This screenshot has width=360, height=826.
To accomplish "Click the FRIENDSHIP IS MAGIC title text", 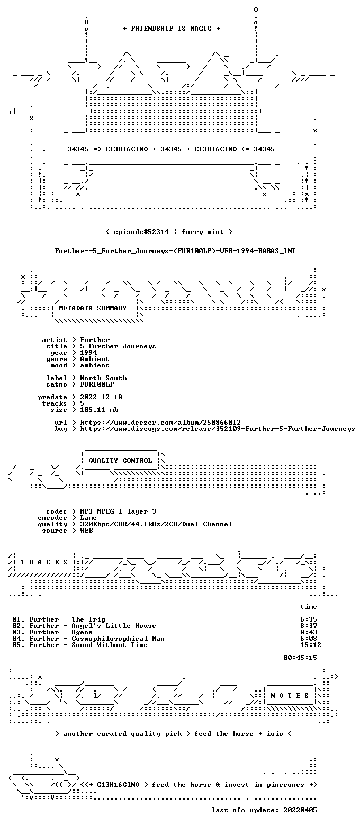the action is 171,29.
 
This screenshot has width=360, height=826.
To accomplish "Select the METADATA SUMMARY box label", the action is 93,308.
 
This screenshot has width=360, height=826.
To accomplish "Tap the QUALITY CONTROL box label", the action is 120,461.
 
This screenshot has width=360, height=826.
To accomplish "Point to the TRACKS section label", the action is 44,562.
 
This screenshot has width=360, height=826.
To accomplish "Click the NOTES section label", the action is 290,696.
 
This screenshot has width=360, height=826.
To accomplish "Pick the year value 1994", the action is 88,353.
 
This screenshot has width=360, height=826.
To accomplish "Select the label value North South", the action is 103,378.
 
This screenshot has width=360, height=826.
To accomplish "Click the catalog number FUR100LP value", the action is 97,384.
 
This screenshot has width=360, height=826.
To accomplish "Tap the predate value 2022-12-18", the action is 101,397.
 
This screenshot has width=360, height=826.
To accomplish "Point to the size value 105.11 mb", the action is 99,410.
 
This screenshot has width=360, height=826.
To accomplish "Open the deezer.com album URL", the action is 160,423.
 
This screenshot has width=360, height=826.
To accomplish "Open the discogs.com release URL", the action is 217,429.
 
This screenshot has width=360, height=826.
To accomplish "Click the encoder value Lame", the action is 88,518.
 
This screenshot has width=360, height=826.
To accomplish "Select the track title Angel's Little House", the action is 114,626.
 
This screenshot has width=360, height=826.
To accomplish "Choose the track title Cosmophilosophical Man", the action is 118,639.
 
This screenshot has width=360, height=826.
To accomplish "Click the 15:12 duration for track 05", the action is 311,645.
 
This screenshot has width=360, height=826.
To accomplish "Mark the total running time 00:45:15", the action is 300,658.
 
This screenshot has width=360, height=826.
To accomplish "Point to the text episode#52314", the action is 141,232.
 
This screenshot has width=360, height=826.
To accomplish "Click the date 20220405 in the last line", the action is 300,810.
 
